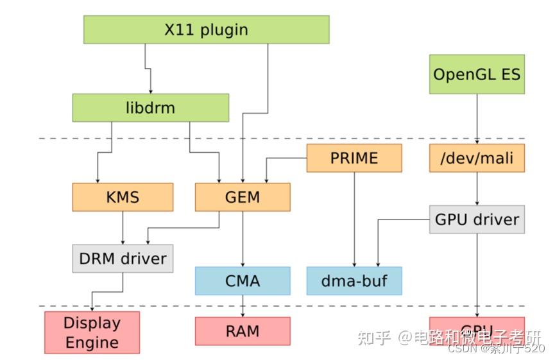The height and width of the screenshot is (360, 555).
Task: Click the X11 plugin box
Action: coord(206,30)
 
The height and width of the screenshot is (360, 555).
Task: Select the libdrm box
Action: coord(150,107)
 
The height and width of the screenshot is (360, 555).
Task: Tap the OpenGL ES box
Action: coord(476,74)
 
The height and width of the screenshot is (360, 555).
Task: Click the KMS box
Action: coord(123,197)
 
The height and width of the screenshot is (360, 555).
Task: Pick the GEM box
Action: coord(243,197)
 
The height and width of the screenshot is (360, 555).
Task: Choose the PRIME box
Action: coord(354,158)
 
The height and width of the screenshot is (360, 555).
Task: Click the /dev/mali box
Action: coord(476,158)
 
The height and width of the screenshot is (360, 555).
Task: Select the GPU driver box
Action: coord(476,219)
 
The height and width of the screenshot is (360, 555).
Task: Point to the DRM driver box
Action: coord(123,259)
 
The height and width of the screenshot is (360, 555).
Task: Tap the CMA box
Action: coord(243,280)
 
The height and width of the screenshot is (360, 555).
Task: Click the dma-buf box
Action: coord(354,280)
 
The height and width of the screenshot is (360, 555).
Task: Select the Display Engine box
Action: coord(92,332)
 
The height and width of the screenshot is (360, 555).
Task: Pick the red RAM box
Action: coord(243,331)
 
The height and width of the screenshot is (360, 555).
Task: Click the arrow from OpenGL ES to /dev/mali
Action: coord(476,119)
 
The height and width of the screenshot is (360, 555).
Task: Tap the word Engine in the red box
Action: coord(92,342)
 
